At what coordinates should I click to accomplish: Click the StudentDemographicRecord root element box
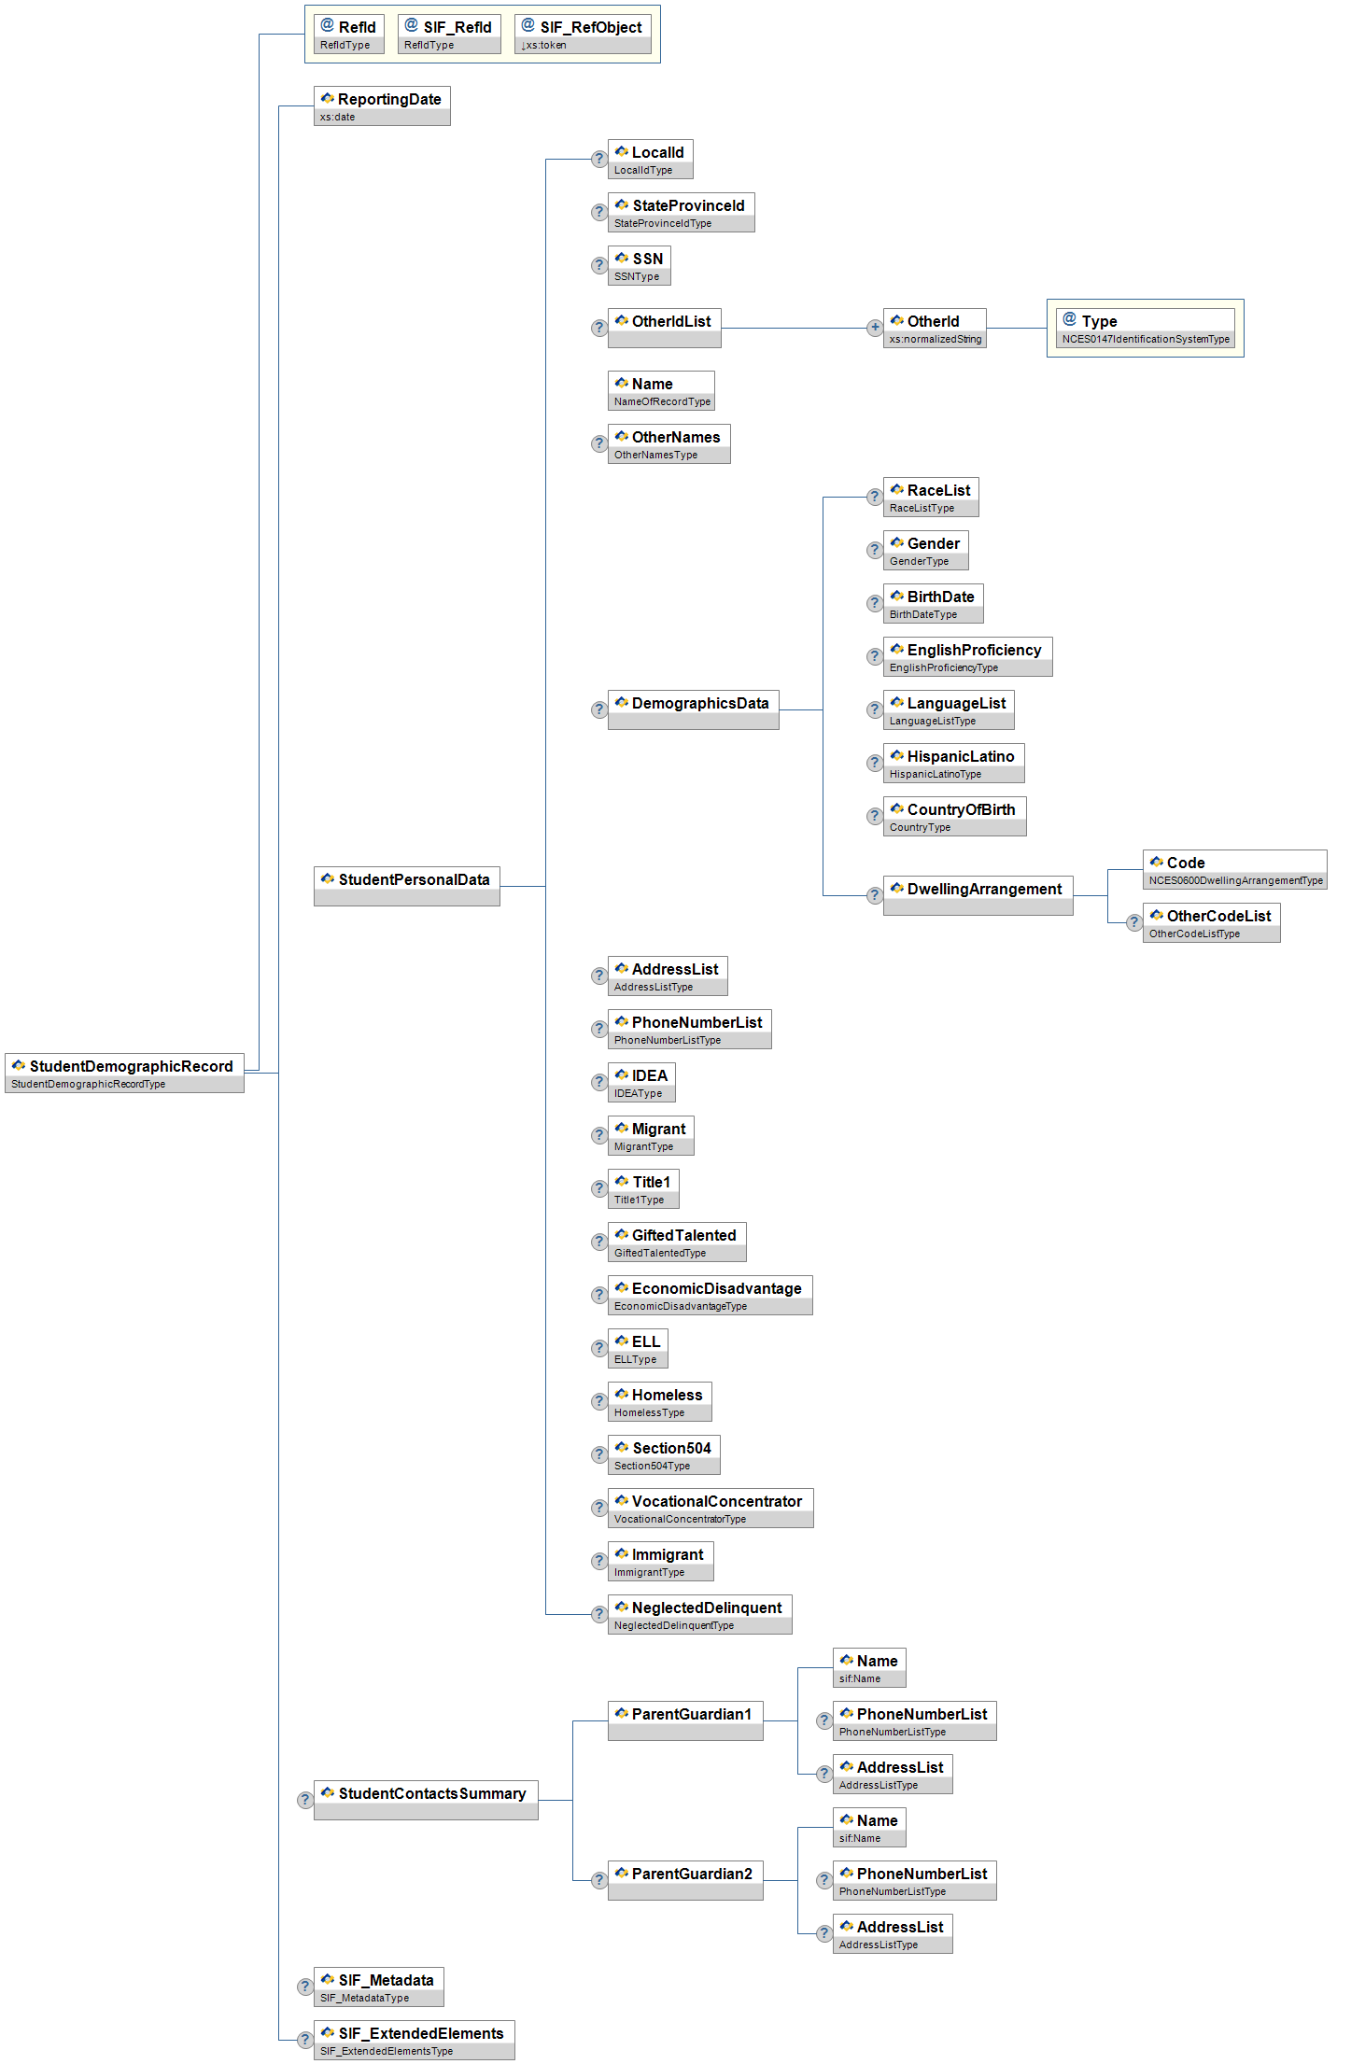124,1073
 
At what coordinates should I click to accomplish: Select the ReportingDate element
382,105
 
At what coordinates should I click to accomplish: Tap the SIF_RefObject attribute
583,34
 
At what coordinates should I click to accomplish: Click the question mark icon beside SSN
599,266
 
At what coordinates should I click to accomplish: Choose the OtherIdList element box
664,328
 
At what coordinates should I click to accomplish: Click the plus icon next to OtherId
875,328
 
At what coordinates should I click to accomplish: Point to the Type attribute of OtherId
1145,328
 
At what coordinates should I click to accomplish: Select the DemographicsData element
693,709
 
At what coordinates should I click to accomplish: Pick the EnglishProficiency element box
967,656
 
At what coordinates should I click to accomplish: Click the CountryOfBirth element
954,816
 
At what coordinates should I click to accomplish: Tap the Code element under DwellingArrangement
1234,869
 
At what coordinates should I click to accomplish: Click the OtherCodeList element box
1211,922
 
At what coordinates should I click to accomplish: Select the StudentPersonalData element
406,886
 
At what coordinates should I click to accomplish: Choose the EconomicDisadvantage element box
710,1295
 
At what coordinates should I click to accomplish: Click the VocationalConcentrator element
710,1508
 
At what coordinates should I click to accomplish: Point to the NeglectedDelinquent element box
699,1614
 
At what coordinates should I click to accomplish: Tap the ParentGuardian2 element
685,1880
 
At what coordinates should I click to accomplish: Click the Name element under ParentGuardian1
869,1667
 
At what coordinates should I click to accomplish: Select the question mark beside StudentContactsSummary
305,1800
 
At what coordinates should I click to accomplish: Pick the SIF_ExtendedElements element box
414,2040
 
